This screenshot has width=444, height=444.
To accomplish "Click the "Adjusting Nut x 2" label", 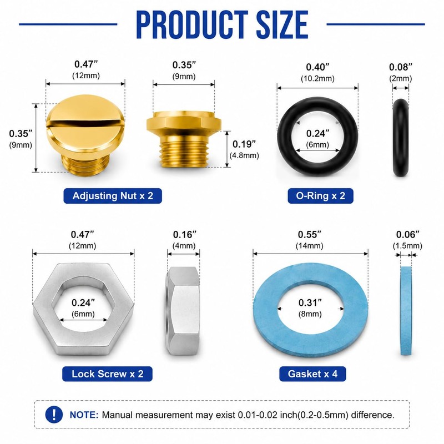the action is (113, 196).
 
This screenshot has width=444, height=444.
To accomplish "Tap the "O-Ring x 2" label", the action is (321, 196).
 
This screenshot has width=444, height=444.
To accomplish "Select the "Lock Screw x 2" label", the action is (107, 374).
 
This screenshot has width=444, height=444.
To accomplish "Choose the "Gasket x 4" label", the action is (312, 374).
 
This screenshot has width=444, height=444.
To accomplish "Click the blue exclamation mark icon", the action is (54, 415).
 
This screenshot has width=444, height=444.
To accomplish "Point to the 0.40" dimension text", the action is (317, 67).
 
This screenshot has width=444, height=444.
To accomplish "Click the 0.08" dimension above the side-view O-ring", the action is (400, 67).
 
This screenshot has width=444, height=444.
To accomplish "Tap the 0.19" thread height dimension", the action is (244, 144).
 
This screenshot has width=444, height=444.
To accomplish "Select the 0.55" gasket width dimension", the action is (310, 234).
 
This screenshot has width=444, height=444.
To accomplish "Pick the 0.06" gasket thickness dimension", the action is (407, 234).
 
